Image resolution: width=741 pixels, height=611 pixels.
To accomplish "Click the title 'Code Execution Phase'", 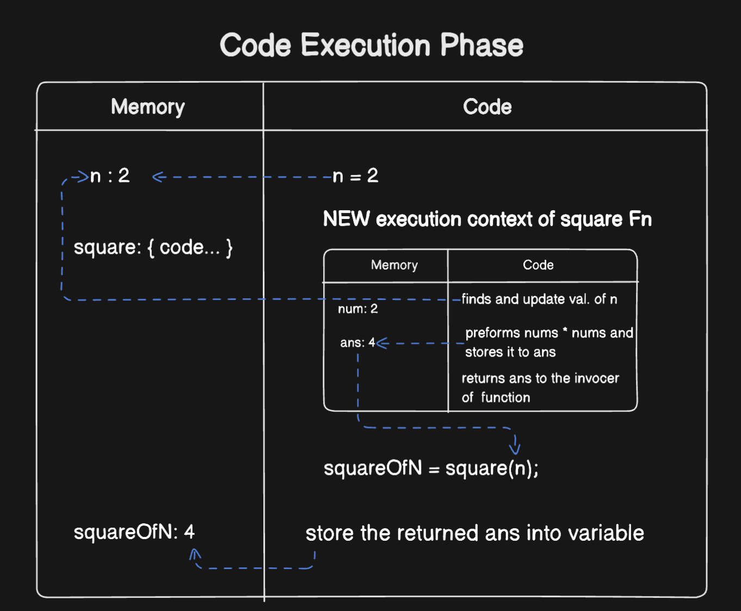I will point(371,45).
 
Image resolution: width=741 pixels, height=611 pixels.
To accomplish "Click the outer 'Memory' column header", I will point(147,107).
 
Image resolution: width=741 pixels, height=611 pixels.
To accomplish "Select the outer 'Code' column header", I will point(487,107).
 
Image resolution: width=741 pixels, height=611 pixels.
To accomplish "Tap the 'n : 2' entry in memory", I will point(109,176).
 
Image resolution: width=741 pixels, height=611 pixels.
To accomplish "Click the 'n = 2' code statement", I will point(355,176).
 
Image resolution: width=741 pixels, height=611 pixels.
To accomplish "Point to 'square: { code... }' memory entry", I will point(153,248).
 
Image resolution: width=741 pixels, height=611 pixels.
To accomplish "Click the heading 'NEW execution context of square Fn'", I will point(487,219).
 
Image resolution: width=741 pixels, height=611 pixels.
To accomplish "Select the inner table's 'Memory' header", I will point(394,265).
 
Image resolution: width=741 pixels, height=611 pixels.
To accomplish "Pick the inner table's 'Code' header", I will point(538,265).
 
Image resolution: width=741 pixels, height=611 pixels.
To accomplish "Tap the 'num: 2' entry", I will point(357,309).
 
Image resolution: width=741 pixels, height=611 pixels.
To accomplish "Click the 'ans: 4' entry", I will point(357,343).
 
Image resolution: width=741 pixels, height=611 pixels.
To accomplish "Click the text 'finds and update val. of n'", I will point(539,299).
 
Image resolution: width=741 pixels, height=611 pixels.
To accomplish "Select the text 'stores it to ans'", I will point(510,352).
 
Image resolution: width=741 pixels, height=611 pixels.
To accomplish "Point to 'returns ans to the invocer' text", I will point(540,378).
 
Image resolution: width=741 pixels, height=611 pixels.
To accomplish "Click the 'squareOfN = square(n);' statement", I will point(431,468).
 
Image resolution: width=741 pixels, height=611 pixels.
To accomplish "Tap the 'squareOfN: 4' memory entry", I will point(134,532).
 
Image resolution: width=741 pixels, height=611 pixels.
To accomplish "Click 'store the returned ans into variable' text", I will point(474,533).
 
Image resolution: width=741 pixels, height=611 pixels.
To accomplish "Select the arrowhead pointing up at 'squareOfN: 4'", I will point(195,554).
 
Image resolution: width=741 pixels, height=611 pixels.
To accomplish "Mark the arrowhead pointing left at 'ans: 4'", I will point(381,343).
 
